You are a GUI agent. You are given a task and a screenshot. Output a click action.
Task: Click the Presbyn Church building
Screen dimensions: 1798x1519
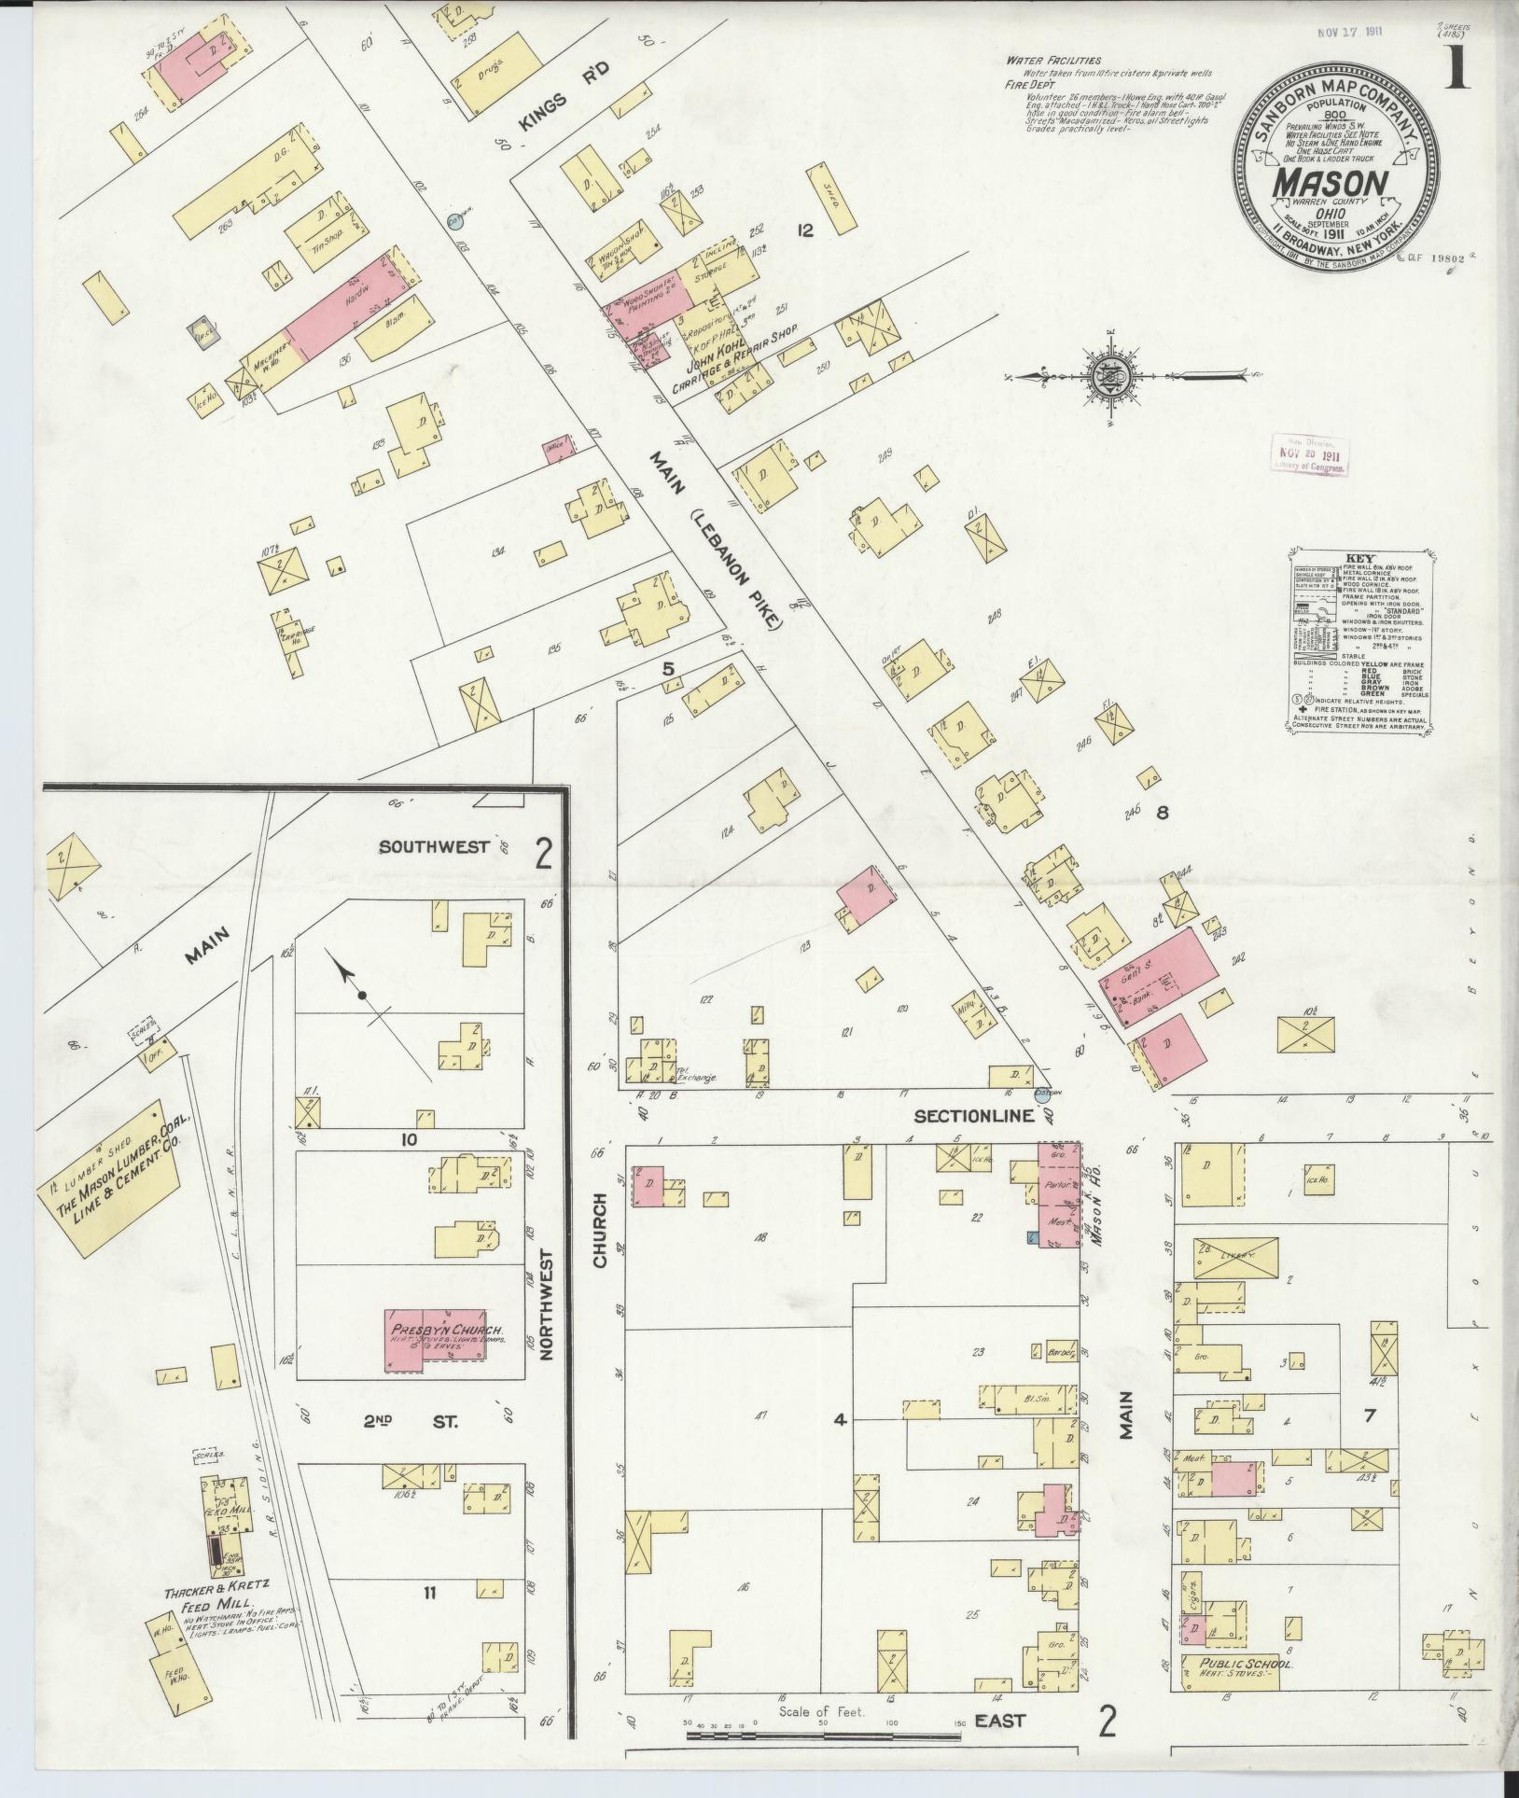pos(448,1340)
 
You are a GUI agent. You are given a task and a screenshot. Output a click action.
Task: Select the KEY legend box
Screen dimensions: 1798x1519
pos(1359,644)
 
